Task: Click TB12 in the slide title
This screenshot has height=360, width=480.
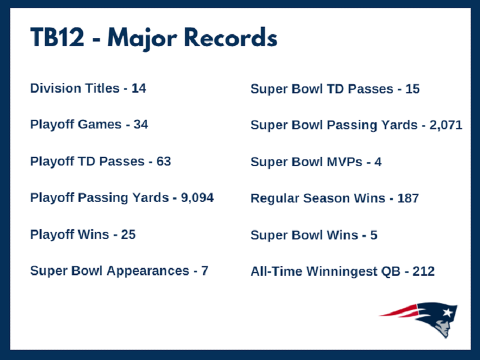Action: (x=57, y=37)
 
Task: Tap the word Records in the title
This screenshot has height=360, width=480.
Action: (x=231, y=37)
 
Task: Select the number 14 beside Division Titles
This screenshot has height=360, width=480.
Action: (x=139, y=88)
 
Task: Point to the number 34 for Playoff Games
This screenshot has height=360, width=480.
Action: (x=141, y=125)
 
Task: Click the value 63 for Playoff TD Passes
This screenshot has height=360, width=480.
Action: (x=164, y=161)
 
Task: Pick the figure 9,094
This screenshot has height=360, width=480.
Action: (x=197, y=198)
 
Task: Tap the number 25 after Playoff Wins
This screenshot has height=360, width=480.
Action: (x=128, y=235)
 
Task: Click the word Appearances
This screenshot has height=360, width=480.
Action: (x=148, y=271)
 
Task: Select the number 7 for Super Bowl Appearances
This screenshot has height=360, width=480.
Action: (x=205, y=271)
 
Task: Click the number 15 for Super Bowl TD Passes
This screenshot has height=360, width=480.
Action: (x=412, y=89)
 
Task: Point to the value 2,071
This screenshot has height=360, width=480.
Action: (x=446, y=125)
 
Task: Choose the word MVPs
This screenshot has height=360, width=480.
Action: (x=344, y=162)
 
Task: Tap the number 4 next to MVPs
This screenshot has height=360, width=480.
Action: (x=378, y=162)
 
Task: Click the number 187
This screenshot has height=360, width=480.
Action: (x=408, y=199)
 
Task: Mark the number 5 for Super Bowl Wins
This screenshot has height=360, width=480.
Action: (x=374, y=235)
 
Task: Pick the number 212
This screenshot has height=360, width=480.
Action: (x=424, y=272)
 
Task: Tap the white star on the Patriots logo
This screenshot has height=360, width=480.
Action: (x=447, y=313)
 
